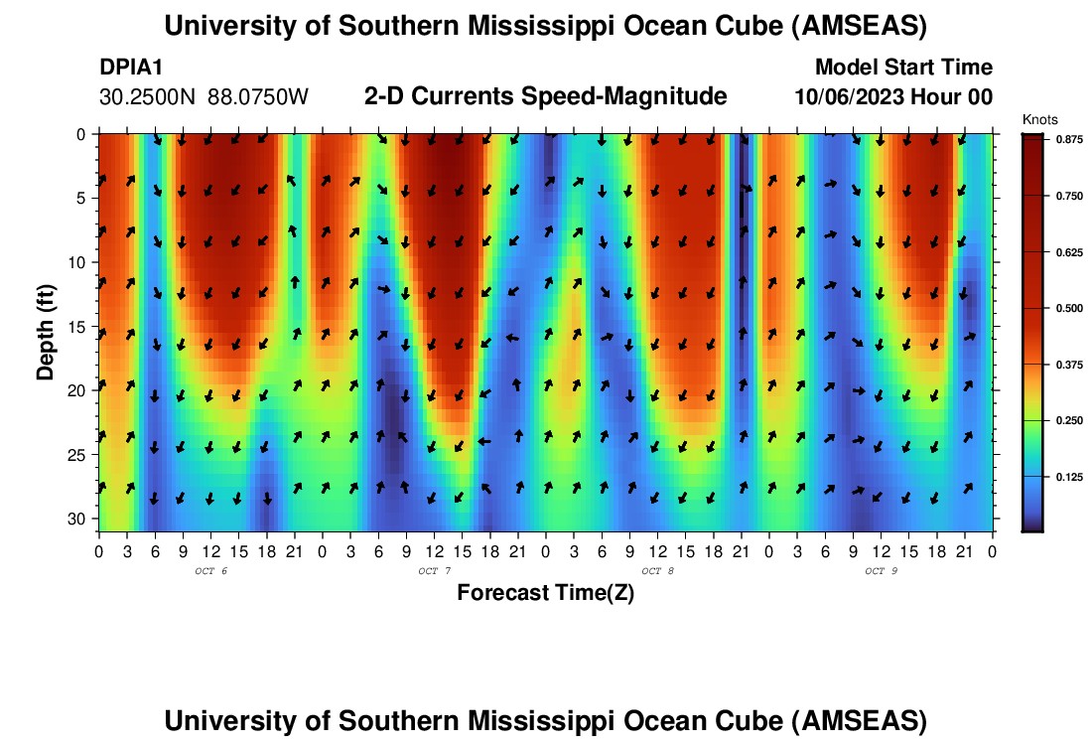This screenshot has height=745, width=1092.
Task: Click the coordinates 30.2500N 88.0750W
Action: pos(205,97)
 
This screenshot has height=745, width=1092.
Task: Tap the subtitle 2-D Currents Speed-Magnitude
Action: pos(546,96)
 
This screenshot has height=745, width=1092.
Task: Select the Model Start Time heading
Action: pos(902,68)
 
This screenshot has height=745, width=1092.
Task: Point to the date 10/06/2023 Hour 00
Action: pos(893,97)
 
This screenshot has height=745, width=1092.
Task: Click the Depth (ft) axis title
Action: pos(46,327)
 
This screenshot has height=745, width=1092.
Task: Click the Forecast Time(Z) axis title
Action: pos(545,593)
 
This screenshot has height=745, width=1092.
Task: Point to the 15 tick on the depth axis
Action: pos(81,327)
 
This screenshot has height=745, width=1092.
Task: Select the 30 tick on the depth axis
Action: pos(81,520)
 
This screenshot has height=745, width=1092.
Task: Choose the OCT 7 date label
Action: pos(434,571)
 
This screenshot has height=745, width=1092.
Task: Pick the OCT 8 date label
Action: pos(657,571)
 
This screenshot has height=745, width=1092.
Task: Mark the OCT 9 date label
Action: pos(880,571)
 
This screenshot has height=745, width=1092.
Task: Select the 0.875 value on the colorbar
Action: pos(1067,141)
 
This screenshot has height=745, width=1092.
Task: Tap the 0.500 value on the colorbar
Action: pos(1067,309)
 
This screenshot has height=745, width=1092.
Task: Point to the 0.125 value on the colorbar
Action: pos(1067,478)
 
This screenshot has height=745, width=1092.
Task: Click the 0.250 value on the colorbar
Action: pos(1067,421)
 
